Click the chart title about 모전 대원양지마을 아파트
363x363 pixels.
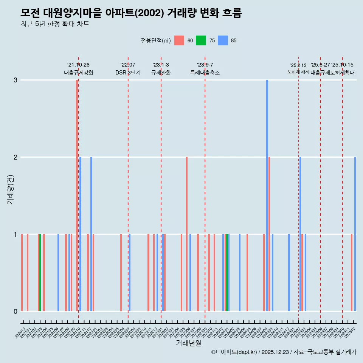pos(131,13)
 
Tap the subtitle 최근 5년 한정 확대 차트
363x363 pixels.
pos(55,25)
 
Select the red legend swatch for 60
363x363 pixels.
pos(179,40)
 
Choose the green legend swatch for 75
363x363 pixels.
pos(201,40)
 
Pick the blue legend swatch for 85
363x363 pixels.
pos(223,40)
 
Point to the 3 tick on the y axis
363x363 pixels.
pos(16,80)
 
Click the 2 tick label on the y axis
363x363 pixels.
pos(16,157)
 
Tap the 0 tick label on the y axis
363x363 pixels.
pos(16,312)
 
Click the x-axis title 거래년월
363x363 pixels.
pos(188,343)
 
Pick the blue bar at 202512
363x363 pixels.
pos(355,234)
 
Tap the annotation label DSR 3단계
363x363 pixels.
pos(128,73)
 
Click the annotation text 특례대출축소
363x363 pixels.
pos(205,73)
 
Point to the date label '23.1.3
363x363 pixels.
pos(161,65)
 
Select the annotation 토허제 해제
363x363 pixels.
pos(298,72)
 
